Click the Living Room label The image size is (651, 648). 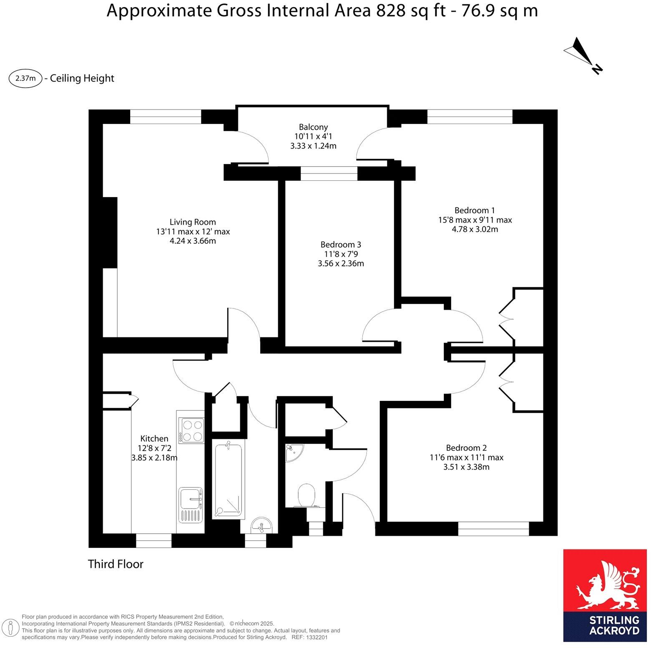pyautogui.click(x=192, y=222)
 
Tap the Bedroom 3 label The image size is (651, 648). pyautogui.click(x=340, y=245)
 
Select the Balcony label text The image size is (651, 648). pyautogui.click(x=313, y=127)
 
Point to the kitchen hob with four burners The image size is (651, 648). pyautogui.click(x=191, y=430)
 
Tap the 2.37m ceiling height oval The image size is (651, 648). pyautogui.click(x=25, y=78)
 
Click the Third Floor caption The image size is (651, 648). pyautogui.click(x=116, y=564)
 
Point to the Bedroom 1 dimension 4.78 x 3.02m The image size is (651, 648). pyautogui.click(x=475, y=229)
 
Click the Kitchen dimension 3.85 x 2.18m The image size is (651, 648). pyautogui.click(x=154, y=458)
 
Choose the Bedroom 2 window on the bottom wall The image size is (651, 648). pyautogui.click(x=493, y=529)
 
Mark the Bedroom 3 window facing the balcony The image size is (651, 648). pyautogui.click(x=329, y=173)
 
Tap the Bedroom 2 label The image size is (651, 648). pyautogui.click(x=466, y=448)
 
